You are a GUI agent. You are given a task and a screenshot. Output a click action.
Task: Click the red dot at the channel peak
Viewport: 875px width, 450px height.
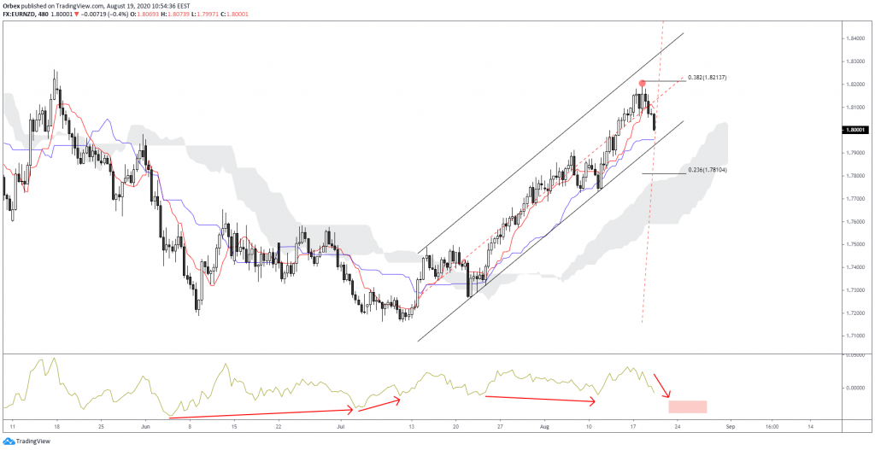642,83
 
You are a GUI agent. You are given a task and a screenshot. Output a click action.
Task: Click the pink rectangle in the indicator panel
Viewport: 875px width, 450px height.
688,406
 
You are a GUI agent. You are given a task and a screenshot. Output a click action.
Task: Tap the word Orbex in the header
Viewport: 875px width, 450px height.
12,5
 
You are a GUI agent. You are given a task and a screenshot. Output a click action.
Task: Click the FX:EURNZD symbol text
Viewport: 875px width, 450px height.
22,15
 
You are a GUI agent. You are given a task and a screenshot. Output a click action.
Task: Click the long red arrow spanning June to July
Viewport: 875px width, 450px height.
261,412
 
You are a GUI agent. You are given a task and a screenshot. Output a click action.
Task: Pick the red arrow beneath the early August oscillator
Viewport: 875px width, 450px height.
539,399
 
